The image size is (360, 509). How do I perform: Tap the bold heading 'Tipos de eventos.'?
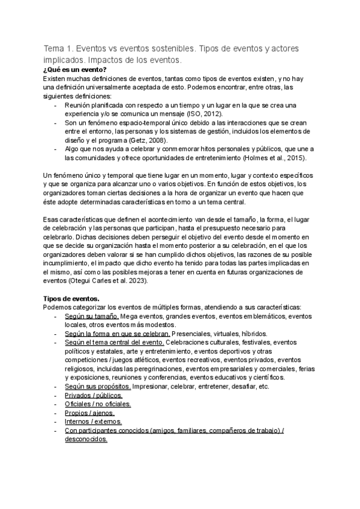point(70,299)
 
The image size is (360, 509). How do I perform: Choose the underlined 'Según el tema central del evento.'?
point(115,343)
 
